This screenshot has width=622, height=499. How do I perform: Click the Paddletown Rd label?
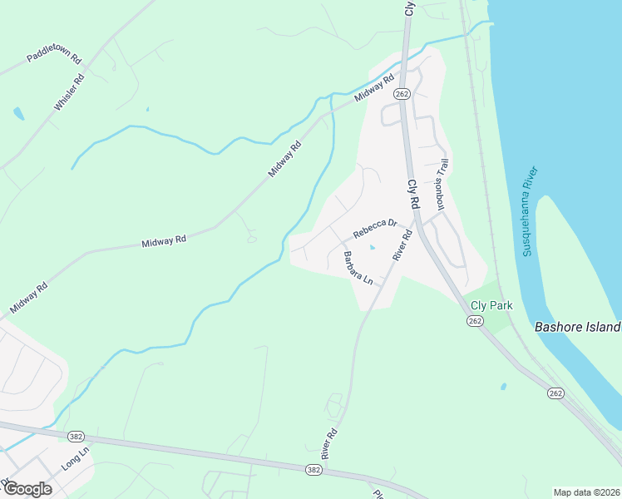point(53,58)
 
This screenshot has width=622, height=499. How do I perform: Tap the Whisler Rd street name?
point(69,93)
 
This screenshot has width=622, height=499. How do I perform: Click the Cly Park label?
point(491,305)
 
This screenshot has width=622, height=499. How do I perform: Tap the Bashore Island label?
point(578,327)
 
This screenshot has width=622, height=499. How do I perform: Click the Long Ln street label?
point(75,459)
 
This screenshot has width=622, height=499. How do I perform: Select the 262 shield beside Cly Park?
point(475,322)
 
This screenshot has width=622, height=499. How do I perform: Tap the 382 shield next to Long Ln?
point(77,437)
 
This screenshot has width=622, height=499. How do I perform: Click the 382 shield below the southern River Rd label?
point(313,470)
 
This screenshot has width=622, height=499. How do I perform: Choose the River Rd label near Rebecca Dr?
point(402,245)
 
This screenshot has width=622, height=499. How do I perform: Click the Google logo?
point(27,488)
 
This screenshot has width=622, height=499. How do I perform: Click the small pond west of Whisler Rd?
point(18,112)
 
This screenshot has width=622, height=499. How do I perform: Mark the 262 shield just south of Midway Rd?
point(402,93)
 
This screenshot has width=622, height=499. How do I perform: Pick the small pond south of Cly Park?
point(503,387)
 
